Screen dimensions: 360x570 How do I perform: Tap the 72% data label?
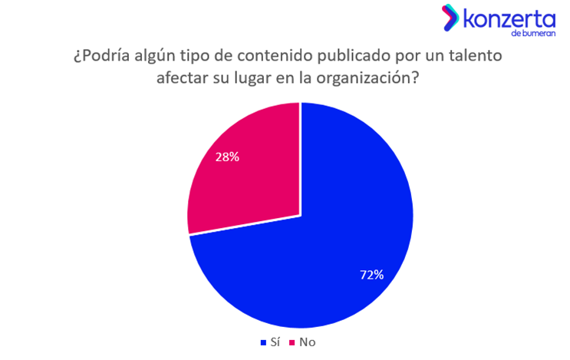pyautogui.click(x=371, y=274)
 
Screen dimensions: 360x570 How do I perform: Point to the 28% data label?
pyautogui.click(x=227, y=157)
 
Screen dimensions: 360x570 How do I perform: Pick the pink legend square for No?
pyautogui.click(x=292, y=342)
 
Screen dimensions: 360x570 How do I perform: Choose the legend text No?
pyautogui.click(x=306, y=342)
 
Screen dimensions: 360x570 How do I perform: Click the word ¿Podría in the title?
pyautogui.click(x=100, y=57)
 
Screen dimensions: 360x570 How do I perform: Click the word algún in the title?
pyautogui.click(x=151, y=57)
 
